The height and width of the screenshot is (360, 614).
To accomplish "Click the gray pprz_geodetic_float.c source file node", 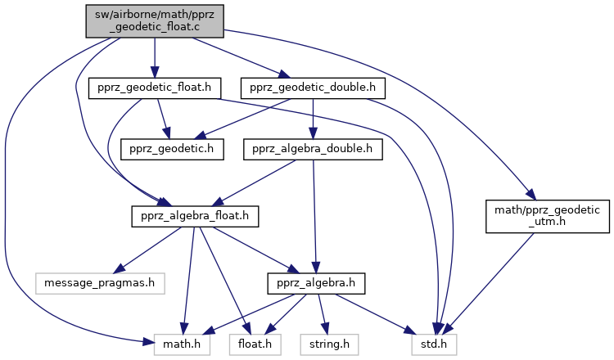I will coord(155,20).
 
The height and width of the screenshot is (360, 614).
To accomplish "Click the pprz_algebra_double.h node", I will coord(313,150).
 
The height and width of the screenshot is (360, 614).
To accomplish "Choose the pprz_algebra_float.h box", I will coord(195,217).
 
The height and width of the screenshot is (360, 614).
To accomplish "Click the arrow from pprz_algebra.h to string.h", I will coord(321,315).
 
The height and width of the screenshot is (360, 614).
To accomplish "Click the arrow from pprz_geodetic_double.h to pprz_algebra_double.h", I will coord(313,119).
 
